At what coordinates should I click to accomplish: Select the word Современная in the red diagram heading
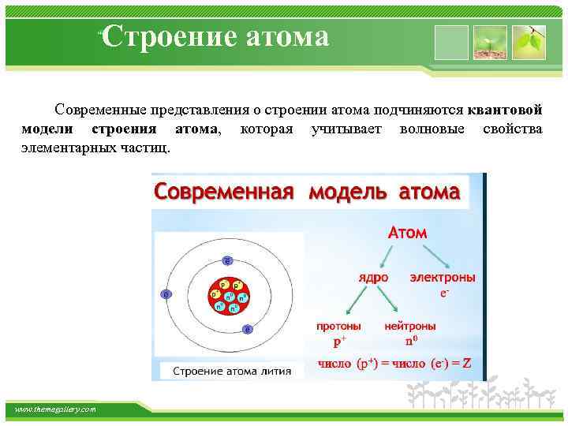223,192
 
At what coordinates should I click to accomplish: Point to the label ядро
373,278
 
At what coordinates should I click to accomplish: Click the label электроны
442,278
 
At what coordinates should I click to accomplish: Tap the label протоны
339,325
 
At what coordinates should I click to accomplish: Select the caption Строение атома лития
231,371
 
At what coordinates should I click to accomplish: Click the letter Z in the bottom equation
467,364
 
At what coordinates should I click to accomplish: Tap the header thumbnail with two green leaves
529,42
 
